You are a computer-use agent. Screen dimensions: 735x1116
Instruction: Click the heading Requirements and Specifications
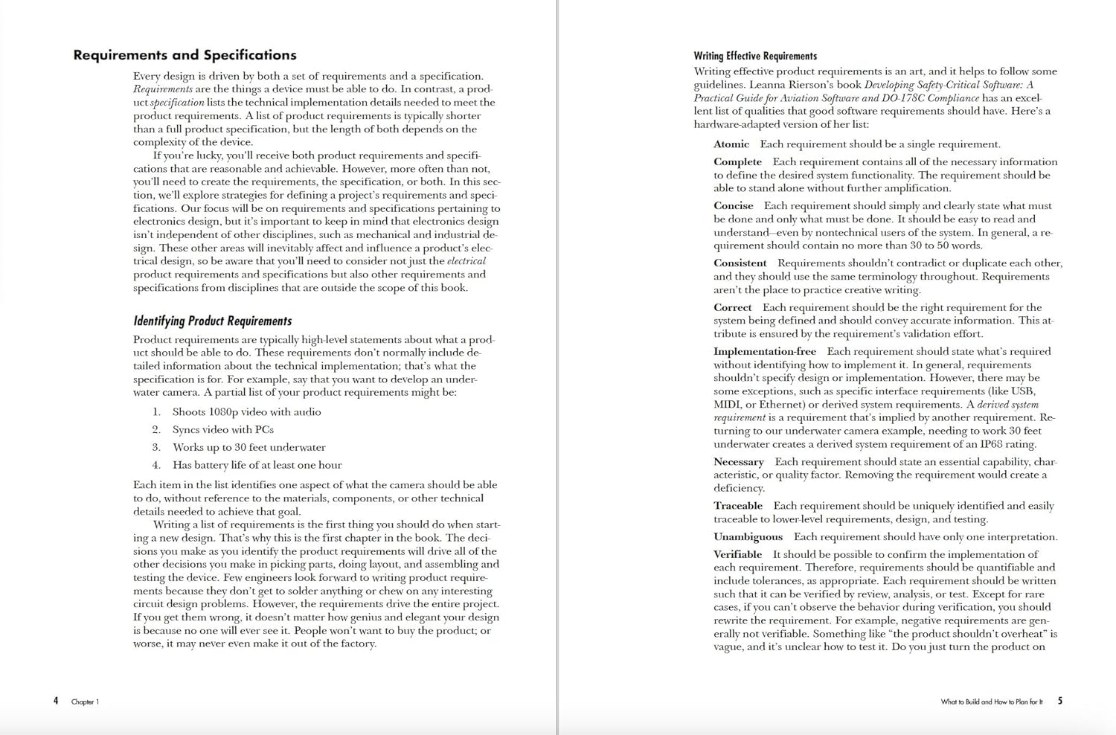point(185,55)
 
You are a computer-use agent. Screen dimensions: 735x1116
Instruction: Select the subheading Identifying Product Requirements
point(212,321)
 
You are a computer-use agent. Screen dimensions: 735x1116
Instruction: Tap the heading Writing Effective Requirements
point(754,56)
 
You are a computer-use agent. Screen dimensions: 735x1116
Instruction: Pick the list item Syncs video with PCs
point(222,430)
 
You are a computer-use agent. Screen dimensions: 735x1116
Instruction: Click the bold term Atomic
point(731,144)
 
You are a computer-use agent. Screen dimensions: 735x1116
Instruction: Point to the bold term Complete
point(737,162)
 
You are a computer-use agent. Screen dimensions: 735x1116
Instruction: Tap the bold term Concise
point(733,206)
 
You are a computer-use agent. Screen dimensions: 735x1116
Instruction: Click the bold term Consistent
point(740,263)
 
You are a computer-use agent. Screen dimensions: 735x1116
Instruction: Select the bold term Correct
point(732,308)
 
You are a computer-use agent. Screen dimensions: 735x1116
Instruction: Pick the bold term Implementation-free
point(764,352)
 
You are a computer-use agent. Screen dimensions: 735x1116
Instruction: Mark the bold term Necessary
point(738,462)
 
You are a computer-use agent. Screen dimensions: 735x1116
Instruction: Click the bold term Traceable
point(737,506)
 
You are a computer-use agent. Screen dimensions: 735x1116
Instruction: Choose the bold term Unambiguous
point(748,537)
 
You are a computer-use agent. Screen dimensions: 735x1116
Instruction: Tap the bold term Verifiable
point(737,555)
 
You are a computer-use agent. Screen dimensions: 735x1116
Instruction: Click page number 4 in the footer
point(56,701)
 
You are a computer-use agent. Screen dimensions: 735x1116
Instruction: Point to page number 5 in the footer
point(1060,701)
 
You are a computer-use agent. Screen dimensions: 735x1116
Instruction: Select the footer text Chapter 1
point(85,702)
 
